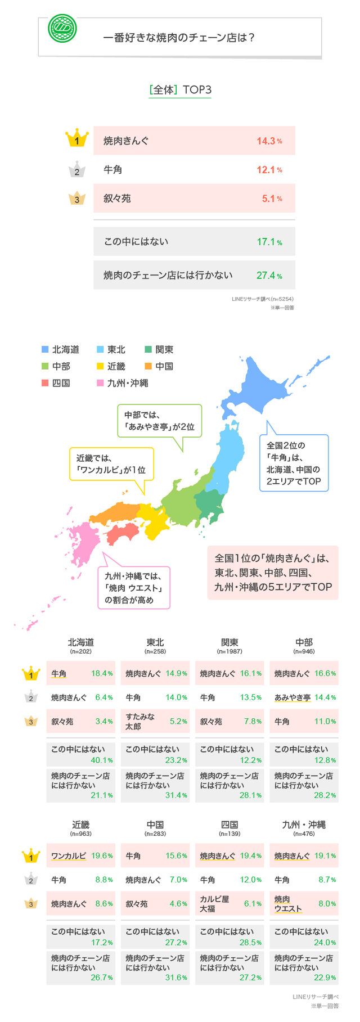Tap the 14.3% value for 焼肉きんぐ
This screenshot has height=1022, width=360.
point(269,141)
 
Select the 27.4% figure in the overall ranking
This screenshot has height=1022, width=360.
point(269,276)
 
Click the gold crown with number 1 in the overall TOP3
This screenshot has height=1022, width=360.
point(77,139)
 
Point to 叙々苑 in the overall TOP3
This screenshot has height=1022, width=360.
point(117,199)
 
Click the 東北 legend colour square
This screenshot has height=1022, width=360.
point(100,349)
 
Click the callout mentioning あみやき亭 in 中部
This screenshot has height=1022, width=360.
point(159,421)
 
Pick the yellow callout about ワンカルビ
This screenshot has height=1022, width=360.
point(111,463)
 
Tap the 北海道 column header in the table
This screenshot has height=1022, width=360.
point(80,642)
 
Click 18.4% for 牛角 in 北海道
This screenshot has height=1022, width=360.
point(102,673)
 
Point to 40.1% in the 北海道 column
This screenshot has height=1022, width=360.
point(102,760)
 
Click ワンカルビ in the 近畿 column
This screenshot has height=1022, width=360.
point(69,856)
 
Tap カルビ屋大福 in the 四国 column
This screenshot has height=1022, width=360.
point(215,904)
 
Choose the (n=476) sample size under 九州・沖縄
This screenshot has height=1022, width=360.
point(304,834)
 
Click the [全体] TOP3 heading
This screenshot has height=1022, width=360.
point(180,90)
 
